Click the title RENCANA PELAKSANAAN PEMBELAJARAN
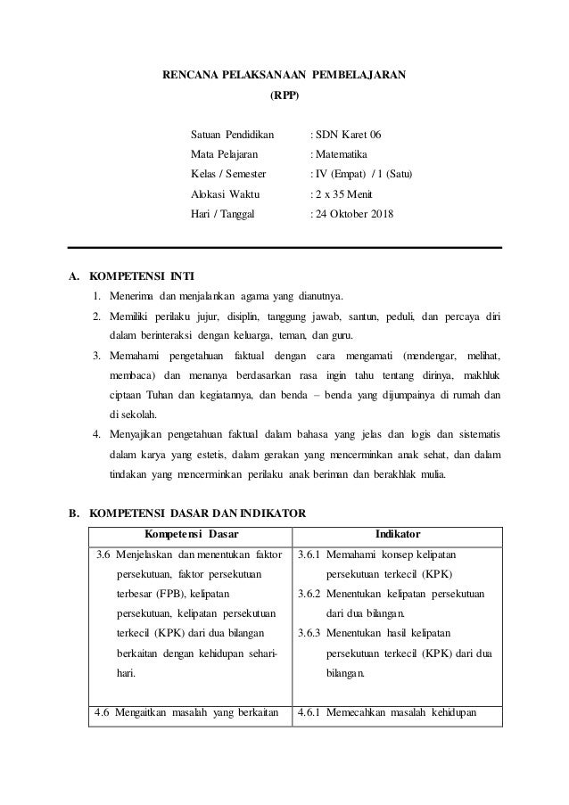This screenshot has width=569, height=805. [x=284, y=75]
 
